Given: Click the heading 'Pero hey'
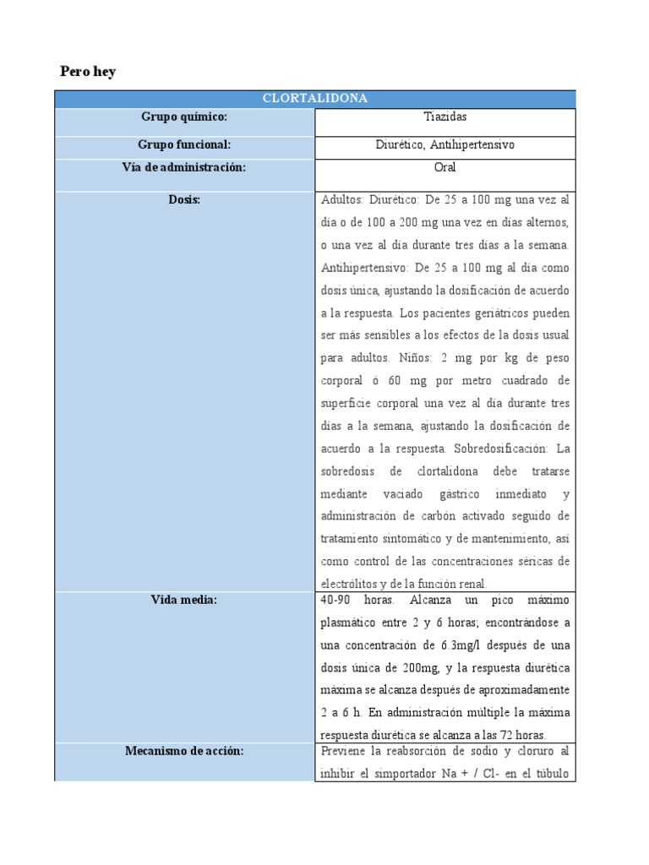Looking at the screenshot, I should (x=88, y=72).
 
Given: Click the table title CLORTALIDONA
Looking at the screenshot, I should (x=315, y=99).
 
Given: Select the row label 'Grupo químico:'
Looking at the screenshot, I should (x=184, y=117).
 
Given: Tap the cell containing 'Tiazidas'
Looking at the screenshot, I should (x=444, y=117).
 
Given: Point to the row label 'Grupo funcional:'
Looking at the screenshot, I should (x=184, y=144).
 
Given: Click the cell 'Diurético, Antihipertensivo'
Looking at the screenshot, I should (x=444, y=144).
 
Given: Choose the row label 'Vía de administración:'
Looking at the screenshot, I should (x=184, y=167).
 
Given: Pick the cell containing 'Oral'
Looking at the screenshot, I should (x=444, y=167).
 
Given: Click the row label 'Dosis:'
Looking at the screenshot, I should (x=184, y=200).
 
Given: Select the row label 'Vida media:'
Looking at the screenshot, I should (x=184, y=600).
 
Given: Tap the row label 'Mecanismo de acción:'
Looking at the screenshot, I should (x=184, y=751).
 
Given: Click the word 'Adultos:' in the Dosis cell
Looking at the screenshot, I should (x=342, y=200).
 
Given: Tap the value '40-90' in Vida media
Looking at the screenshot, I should (x=336, y=600).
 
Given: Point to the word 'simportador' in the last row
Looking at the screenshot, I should (x=404, y=773).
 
